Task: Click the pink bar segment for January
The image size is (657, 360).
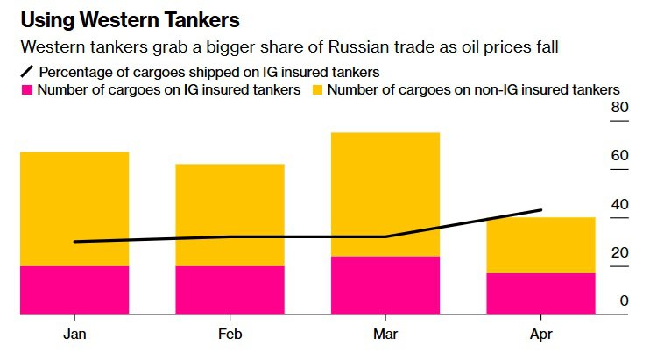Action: (74, 289)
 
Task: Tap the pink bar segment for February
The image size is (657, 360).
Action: (230, 289)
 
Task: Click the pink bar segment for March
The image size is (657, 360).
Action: (385, 285)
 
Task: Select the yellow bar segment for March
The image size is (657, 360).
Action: (385, 194)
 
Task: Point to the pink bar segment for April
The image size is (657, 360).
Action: (540, 293)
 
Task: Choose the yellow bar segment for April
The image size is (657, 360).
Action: (540, 244)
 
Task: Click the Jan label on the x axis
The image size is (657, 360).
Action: (74, 335)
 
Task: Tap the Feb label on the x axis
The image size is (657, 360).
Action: (230, 335)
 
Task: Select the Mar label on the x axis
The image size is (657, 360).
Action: (385, 335)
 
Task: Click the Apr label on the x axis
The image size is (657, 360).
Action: (540, 335)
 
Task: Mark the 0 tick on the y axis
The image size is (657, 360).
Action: (624, 301)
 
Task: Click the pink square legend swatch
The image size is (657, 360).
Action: (26, 89)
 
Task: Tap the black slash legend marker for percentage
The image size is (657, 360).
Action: (26, 72)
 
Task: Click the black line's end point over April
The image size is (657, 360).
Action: (540, 210)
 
